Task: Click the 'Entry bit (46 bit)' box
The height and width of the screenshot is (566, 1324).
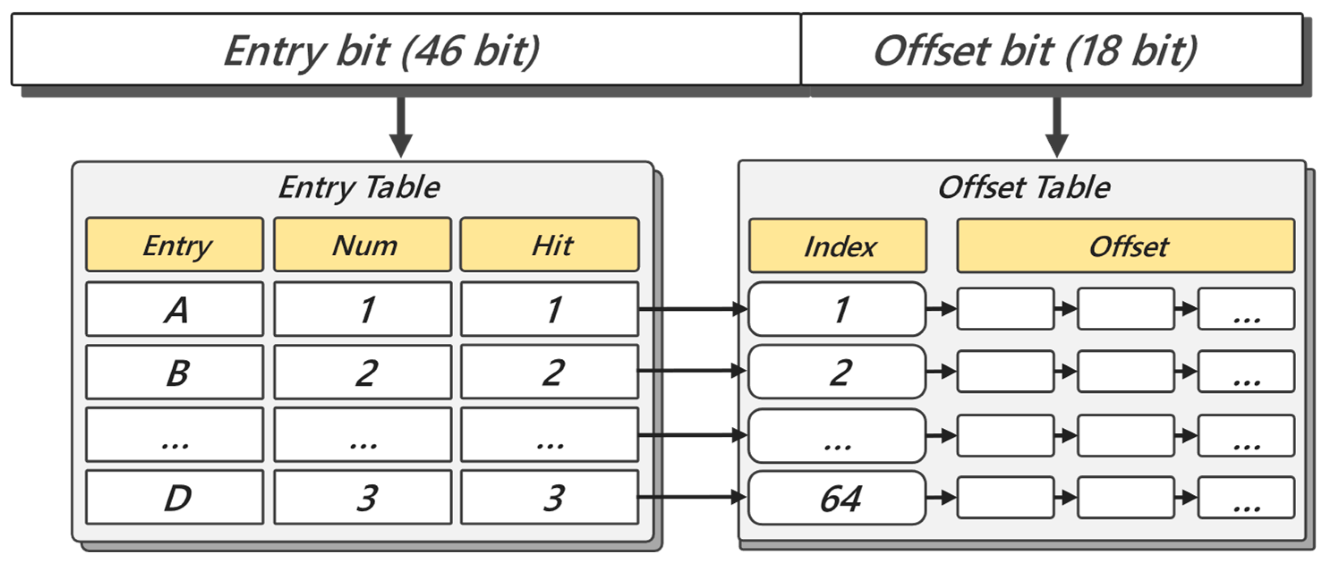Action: (405, 50)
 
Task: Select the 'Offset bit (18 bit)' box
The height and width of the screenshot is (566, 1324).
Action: (1051, 50)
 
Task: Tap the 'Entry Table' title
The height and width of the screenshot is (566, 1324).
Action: (359, 187)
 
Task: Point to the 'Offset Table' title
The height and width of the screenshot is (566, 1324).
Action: (1024, 187)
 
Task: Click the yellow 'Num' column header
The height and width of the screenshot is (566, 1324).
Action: (363, 245)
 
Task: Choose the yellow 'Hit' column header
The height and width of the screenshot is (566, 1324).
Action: (549, 245)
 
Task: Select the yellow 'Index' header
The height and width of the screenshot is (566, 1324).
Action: (838, 246)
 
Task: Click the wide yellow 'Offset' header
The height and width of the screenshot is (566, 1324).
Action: (1126, 246)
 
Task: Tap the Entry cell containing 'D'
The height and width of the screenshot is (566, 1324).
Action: (175, 497)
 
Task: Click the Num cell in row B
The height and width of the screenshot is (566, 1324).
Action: (363, 372)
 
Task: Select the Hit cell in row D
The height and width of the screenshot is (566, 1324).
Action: (549, 497)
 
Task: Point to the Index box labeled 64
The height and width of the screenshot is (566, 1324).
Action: (837, 498)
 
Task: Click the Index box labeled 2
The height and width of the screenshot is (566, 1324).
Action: (837, 372)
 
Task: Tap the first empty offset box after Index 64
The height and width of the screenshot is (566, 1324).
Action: (1005, 497)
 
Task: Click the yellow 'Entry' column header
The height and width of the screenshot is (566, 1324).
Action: (175, 245)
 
